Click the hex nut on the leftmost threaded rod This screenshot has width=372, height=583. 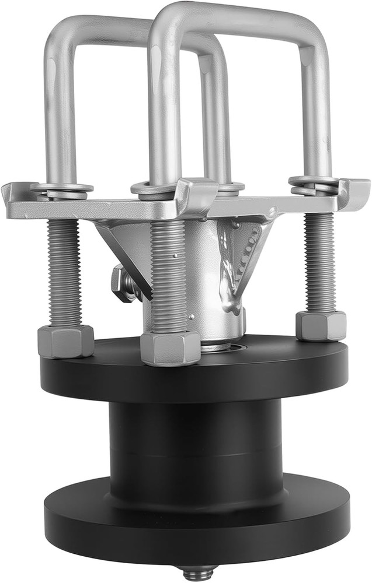[65, 341]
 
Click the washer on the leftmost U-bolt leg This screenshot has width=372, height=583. [61, 189]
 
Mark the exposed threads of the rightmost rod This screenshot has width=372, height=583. [320, 262]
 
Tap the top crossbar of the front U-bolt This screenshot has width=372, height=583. [234, 17]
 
